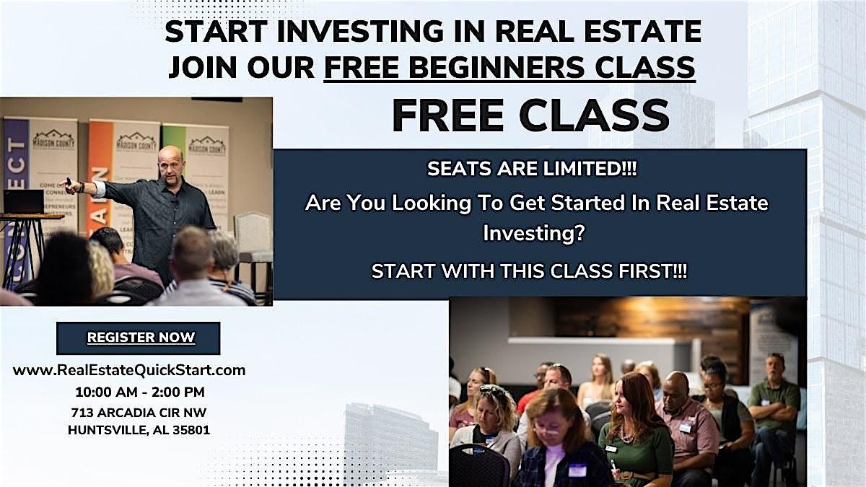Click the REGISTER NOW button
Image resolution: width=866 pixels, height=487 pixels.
click(139, 338)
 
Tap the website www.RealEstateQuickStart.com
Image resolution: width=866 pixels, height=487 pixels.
click(129, 370)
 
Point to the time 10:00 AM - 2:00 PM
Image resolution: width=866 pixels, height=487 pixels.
click(139, 392)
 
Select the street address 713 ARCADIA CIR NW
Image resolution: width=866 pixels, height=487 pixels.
click(139, 413)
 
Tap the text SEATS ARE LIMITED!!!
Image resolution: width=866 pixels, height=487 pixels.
click(532, 169)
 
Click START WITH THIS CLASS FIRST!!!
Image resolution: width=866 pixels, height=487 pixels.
click(529, 271)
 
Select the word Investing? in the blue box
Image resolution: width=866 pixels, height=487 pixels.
click(533, 234)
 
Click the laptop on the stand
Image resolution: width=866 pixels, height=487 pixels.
click(23, 201)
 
